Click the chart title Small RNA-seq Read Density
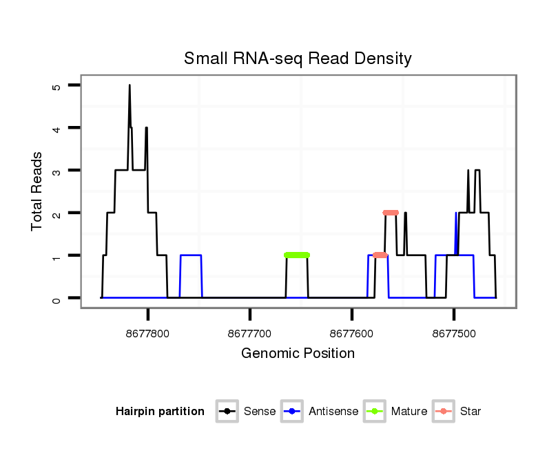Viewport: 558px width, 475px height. [298, 59]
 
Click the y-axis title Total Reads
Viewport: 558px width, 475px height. [37, 191]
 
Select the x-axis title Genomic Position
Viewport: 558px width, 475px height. [298, 354]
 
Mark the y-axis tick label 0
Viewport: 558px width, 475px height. [57, 299]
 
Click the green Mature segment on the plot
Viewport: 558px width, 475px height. [297, 255]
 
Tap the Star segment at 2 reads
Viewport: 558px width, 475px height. [391, 213]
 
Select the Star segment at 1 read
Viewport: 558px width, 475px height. [380, 255]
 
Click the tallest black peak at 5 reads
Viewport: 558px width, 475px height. [129, 87]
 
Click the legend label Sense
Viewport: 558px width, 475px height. [260, 412]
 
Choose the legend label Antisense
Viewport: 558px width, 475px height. [334, 412]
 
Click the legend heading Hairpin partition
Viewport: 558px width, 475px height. [160, 412]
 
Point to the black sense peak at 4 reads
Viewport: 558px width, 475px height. [146, 129]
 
